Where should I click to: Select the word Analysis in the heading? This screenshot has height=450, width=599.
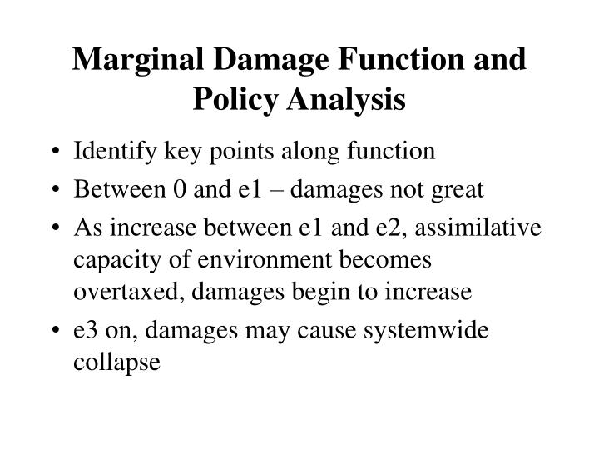pyautogui.click(x=343, y=101)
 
